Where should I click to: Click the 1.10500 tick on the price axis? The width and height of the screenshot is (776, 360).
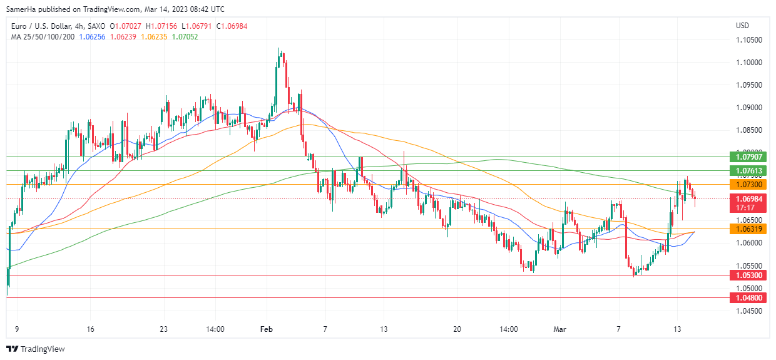tap(748, 40)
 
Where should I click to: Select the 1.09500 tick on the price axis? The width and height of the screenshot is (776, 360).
tap(748, 85)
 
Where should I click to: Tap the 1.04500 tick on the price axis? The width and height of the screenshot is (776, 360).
tap(748, 311)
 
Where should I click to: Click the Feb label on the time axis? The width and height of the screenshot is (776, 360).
tap(267, 329)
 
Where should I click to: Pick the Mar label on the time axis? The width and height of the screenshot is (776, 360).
tap(560, 329)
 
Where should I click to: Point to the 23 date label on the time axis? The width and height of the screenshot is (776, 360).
tap(163, 329)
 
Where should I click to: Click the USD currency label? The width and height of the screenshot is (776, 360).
tap(743, 26)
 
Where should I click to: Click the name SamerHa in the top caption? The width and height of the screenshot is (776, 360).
tap(20, 9)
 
